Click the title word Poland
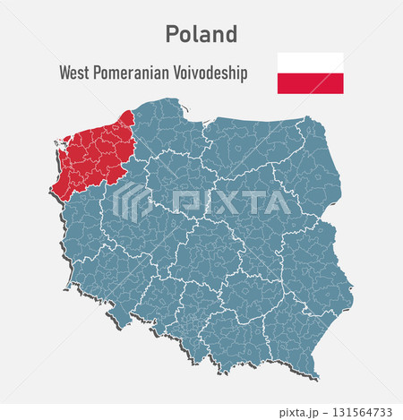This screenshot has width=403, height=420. coord(201,34)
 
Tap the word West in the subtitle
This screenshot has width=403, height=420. coord(76,73)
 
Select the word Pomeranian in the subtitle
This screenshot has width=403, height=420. coord(133,73)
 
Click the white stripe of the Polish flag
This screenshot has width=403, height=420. coord(310,63)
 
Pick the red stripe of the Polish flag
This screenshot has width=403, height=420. coord(310,83)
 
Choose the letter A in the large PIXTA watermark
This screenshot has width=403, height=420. coord(279,202)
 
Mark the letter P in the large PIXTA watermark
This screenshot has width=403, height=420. coord(184,202)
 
